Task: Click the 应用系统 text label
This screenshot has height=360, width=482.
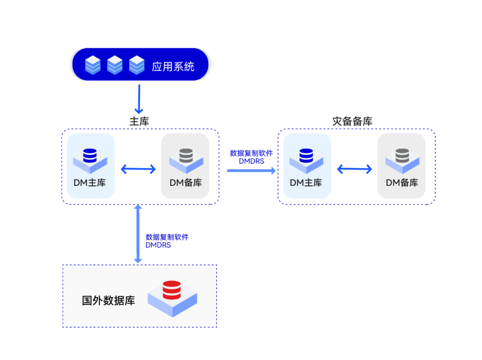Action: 173,67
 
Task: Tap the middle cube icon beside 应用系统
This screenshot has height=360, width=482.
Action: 115,65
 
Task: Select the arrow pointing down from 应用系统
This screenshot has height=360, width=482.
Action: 139,99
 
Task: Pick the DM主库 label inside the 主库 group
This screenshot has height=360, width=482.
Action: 90,183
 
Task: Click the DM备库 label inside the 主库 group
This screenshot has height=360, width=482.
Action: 186,183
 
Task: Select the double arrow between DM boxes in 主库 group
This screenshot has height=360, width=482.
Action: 138,169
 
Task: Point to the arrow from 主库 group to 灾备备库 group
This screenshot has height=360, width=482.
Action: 251,170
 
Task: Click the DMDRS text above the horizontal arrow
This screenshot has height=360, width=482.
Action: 251,161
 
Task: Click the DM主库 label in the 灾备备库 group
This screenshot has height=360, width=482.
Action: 306,183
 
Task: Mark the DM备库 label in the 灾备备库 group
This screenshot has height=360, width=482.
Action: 402,183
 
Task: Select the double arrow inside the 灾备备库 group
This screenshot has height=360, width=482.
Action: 354,169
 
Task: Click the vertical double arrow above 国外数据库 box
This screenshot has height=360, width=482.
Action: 138,234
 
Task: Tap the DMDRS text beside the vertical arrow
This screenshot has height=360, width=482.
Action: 158,245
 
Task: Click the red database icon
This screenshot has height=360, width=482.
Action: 172,290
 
